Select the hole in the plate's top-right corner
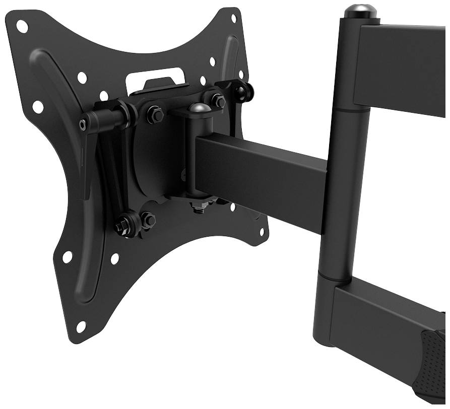point(233,18)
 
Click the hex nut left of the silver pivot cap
point(155,115)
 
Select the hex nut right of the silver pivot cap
point(219,101)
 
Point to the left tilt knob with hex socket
point(84,124)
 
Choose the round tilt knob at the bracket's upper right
point(245,91)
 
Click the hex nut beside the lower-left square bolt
point(148,219)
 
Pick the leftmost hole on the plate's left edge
point(38,106)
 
